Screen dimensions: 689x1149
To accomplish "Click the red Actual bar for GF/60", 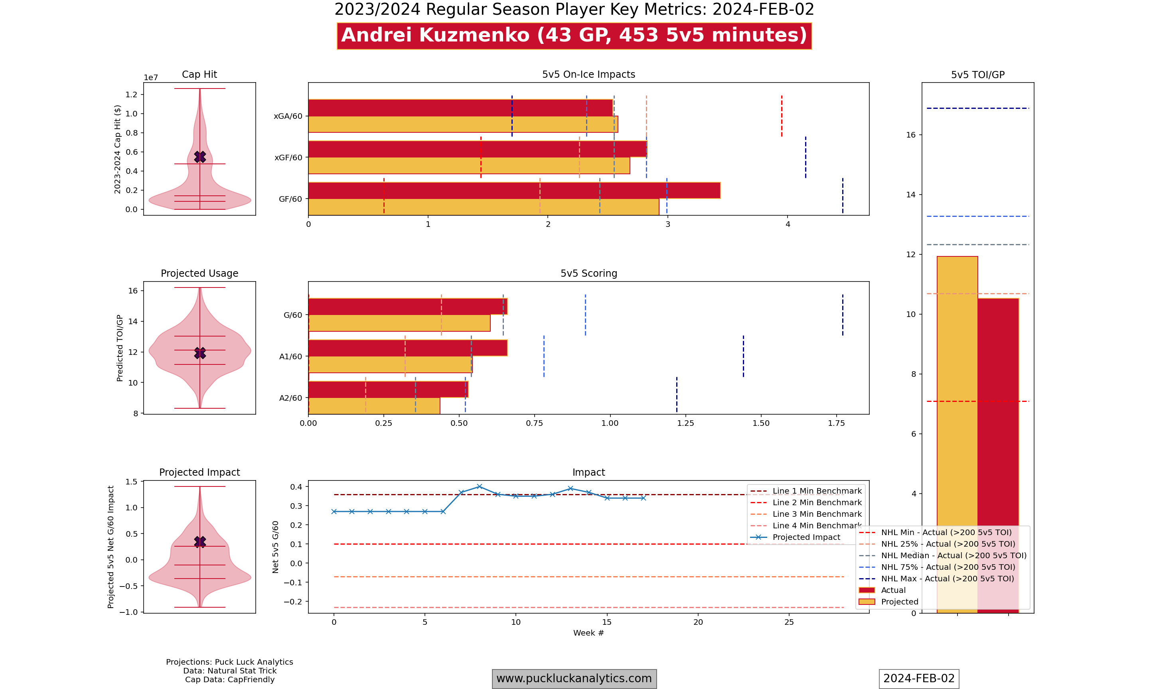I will point(514,190).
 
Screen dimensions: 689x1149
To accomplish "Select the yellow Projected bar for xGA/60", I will point(462,124).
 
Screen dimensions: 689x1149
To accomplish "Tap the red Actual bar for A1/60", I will point(407,348).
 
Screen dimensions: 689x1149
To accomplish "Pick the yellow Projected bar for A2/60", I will point(374,406).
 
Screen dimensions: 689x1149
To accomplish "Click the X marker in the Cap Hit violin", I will point(200,157).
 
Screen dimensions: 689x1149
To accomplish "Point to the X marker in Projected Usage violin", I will point(200,353).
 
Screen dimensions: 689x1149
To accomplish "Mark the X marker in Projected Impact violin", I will point(200,542).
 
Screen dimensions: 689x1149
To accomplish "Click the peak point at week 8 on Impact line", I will point(479,486).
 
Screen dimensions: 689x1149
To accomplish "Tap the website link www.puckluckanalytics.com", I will point(574,678).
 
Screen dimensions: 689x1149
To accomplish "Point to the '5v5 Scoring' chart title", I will point(588,274).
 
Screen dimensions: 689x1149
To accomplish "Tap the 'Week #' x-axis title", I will point(588,633).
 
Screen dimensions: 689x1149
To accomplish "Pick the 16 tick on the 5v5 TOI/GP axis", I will point(910,135).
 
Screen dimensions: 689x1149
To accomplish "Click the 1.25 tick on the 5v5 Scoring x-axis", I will point(685,423).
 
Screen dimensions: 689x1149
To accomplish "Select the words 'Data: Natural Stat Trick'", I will point(229,671).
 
